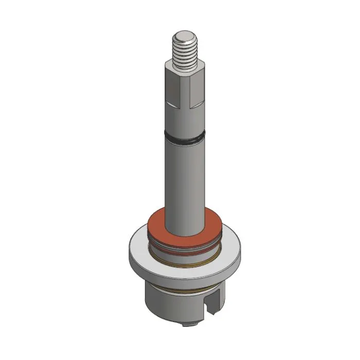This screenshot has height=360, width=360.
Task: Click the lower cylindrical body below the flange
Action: tap(165, 303)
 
